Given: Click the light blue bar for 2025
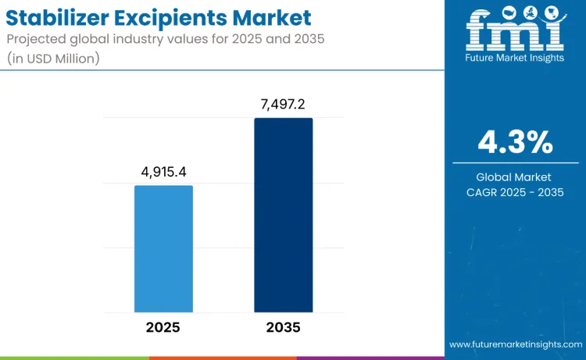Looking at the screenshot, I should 163,248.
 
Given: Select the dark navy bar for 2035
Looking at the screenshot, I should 283,215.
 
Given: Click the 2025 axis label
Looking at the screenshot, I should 163,327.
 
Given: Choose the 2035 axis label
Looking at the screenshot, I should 283,327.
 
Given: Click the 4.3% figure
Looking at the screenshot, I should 515,143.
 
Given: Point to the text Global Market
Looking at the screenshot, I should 515,177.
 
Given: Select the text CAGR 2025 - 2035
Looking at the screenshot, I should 515,192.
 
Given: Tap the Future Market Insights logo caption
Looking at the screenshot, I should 515,59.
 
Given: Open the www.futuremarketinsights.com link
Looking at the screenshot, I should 516,344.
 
